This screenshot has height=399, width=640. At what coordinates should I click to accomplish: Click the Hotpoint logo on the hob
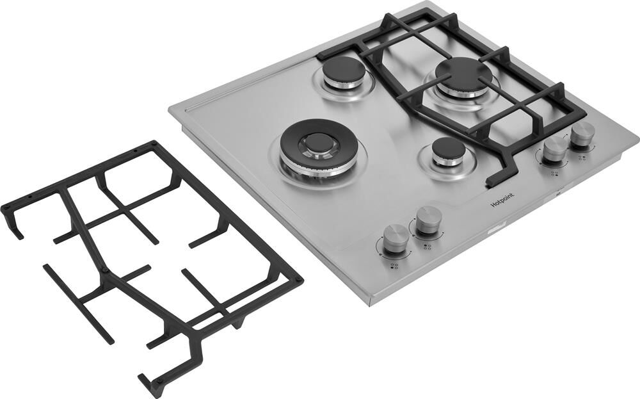click(502, 200)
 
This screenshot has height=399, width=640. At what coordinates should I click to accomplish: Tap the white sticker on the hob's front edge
click(497, 226)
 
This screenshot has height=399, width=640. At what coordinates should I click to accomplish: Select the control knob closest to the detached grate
click(395, 236)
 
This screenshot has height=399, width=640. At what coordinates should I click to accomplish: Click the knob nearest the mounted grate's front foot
click(554, 151)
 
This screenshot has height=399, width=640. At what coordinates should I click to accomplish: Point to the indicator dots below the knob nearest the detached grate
click(394, 266)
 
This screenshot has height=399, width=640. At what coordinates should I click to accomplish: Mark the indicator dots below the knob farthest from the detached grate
click(582, 158)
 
